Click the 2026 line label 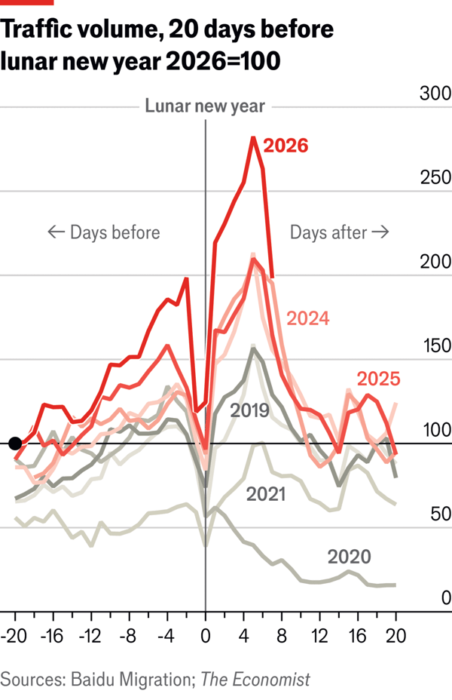pyautogui.click(x=286, y=146)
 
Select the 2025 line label pyautogui.click(x=377, y=379)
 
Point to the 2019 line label pyautogui.click(x=249, y=411)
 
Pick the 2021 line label pyautogui.click(x=265, y=494)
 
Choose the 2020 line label pyautogui.click(x=350, y=557)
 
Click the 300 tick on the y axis pyautogui.click(x=435, y=94)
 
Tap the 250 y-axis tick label pyautogui.click(x=435, y=178)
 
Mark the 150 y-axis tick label pyautogui.click(x=435, y=346)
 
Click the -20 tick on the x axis pyautogui.click(x=14, y=635)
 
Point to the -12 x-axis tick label pyautogui.click(x=90, y=635)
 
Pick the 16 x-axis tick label pyautogui.click(x=358, y=635)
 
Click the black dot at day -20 pyautogui.click(x=14, y=444)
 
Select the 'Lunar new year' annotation pyautogui.click(x=205, y=106)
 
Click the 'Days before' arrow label pyautogui.click(x=104, y=232)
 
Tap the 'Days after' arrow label pyautogui.click(x=339, y=232)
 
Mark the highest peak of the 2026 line pyautogui.click(x=254, y=138)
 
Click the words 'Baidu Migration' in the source pyautogui.click(x=133, y=679)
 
